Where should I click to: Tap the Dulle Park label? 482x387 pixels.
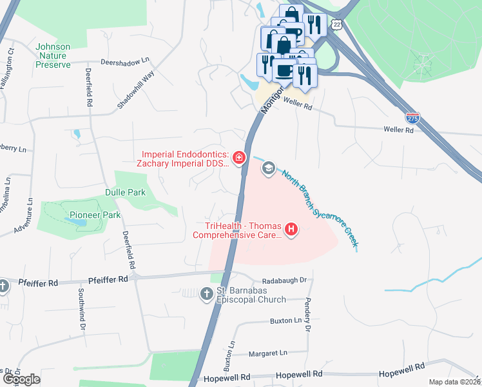126,192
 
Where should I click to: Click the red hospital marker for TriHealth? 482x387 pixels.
291,229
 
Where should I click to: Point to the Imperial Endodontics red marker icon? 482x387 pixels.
238,157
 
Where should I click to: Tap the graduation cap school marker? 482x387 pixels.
268,168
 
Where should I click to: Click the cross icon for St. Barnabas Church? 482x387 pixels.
206,295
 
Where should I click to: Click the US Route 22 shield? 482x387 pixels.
336,24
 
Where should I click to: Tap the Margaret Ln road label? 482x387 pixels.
268,353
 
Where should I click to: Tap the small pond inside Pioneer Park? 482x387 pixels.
77,222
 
